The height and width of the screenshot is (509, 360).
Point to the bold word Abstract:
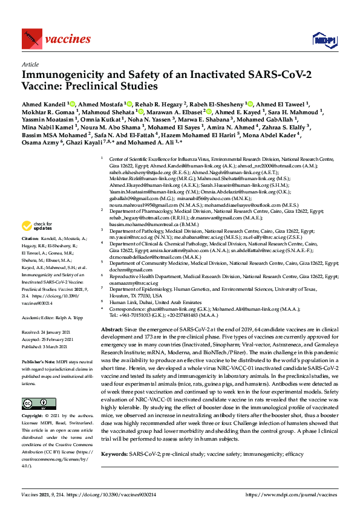[x=112, y=325]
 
